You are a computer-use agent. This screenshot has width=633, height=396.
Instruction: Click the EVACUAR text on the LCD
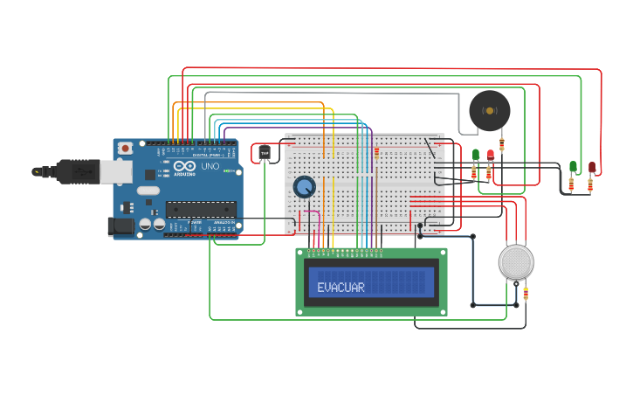coord(341,288)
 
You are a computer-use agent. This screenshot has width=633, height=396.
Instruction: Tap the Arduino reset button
coord(126,149)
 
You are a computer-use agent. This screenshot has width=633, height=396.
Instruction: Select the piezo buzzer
coord(489,111)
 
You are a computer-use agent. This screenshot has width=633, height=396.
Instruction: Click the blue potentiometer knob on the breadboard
coord(304,187)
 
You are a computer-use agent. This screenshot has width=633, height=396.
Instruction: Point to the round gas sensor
coord(516,261)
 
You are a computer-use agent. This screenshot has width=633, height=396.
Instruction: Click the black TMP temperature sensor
coord(265,154)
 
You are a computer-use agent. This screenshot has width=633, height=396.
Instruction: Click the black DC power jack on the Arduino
coord(120,227)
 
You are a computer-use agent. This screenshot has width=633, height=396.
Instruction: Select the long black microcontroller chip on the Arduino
coord(201,209)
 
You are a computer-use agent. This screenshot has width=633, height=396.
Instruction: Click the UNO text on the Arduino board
coord(210,166)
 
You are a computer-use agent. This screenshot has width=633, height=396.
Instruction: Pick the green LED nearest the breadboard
coord(476,155)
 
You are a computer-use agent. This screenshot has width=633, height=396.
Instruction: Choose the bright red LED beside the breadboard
coord(490,155)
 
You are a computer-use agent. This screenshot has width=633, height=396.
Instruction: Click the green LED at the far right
coord(573,166)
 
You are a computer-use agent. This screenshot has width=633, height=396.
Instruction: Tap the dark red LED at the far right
coord(591,166)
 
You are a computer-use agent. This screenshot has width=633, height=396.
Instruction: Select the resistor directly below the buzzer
coord(502,143)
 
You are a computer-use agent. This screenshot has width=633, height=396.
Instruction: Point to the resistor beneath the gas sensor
coord(525,293)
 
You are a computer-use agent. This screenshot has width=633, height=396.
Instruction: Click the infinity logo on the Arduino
coord(184,166)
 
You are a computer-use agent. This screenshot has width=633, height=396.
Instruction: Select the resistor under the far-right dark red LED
coord(591,184)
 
